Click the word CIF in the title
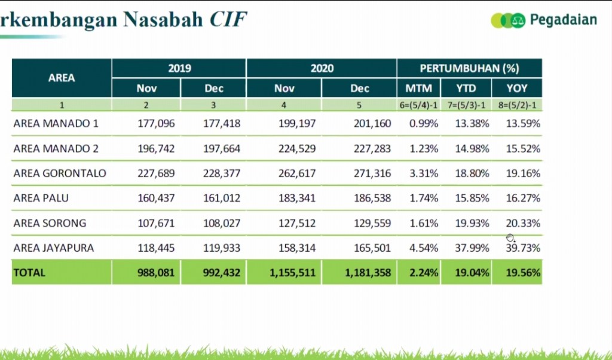228,19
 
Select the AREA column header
62,78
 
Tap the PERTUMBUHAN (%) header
469,68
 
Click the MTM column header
418,89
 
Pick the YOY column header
516,89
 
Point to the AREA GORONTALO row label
60,173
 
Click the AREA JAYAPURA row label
54,248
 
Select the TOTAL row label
29,273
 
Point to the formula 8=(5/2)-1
516,105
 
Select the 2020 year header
322,68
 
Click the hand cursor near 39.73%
510,237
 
